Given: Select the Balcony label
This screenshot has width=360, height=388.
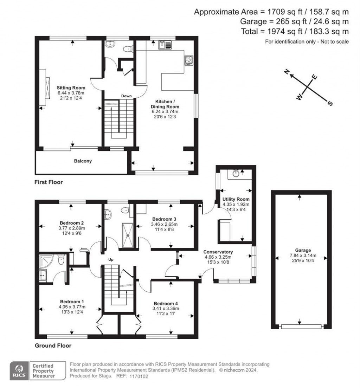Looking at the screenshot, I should pos(83,161).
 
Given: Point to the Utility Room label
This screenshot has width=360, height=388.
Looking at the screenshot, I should pos(236,199).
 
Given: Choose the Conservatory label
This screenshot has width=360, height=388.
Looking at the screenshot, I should pos(218,252).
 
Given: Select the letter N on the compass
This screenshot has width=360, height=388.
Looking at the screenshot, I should pos(287,72).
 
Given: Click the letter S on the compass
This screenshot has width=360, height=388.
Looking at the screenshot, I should pos(330,103).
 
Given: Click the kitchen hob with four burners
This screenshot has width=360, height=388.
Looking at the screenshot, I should pos(188,60).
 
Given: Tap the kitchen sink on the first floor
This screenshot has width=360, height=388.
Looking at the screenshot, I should pos(166,45).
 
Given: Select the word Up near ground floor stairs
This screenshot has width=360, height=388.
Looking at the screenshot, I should pos(111,260).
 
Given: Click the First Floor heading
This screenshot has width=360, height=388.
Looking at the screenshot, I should pos(48,182).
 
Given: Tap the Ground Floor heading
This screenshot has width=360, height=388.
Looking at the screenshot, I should pos(53,345).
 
